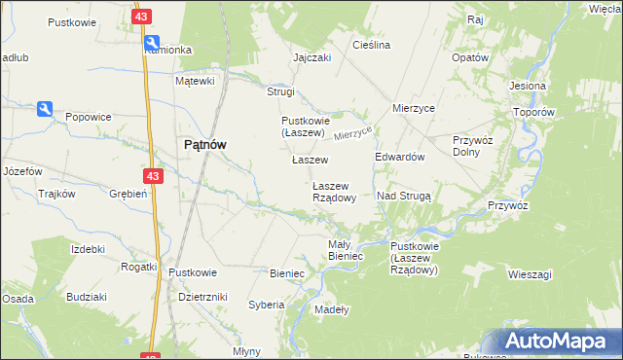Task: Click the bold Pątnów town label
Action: point(205,145)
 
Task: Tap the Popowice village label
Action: point(88,117)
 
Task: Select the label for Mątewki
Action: point(194,82)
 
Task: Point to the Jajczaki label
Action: point(312,57)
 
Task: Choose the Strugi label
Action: point(280,91)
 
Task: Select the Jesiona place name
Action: point(527,86)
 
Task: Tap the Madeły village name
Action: point(332,309)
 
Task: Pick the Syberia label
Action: point(266,305)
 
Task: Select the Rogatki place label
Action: point(138,267)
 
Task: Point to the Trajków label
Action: point(56,194)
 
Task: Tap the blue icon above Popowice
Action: point(45,109)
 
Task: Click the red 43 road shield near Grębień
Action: point(151,176)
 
